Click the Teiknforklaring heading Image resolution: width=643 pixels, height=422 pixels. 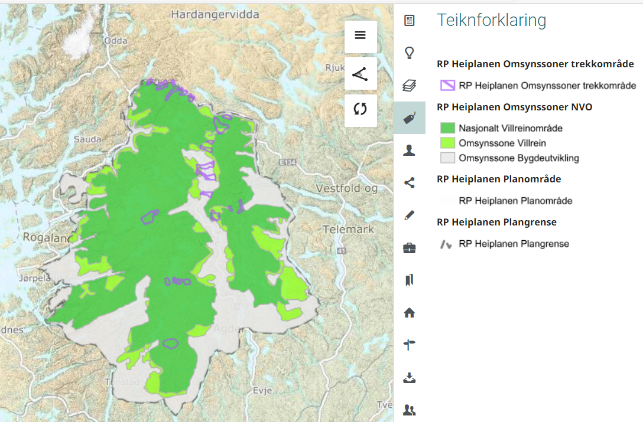[x=492, y=21]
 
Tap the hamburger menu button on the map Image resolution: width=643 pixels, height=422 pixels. [x=361, y=35]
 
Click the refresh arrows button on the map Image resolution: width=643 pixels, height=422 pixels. [x=361, y=110]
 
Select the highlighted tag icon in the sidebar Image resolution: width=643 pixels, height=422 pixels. [x=409, y=118]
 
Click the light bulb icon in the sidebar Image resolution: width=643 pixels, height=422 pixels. [x=409, y=53]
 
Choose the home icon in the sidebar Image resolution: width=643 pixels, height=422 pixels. [x=409, y=313]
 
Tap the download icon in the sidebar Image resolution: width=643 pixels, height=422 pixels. [x=409, y=377]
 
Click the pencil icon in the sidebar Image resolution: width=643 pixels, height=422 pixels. [x=409, y=215]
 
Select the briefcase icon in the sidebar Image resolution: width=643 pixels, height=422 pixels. [x=409, y=248]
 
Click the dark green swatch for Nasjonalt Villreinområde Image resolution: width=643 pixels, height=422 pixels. [x=448, y=128]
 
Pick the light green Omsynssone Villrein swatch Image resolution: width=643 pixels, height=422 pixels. [x=448, y=143]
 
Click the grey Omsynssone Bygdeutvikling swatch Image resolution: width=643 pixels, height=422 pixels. [x=448, y=158]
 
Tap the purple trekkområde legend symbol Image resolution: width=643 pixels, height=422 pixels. [x=447, y=86]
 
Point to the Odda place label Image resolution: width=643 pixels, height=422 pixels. [x=115, y=41]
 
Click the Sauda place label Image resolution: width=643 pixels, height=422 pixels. [x=87, y=139]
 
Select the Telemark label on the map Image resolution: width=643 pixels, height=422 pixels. [x=349, y=229]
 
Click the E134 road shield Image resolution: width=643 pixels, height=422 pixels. [x=288, y=161]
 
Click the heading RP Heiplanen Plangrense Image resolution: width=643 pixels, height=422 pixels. [x=496, y=222]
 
